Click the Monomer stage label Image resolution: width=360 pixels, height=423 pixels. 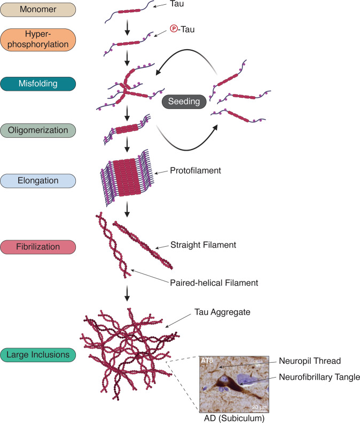(x=38, y=10)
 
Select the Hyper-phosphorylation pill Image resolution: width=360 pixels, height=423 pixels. (x=38, y=40)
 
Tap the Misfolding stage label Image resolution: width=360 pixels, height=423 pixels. (x=38, y=84)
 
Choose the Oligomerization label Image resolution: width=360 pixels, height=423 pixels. (x=38, y=130)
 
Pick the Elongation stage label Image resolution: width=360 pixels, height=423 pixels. (x=38, y=181)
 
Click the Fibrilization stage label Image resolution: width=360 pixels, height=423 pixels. (x=38, y=247)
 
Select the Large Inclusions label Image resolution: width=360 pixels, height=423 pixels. (x=38, y=355)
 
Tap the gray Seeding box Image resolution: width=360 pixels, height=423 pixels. (x=184, y=101)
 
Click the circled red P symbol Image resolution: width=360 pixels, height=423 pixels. (x=174, y=28)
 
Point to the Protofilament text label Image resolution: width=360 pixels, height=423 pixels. (x=195, y=170)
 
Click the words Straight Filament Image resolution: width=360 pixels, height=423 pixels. (x=203, y=245)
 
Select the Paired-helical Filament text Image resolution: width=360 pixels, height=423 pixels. (x=214, y=283)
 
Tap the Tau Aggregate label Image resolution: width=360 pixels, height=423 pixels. (x=222, y=312)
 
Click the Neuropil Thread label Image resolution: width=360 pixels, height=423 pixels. (x=310, y=361)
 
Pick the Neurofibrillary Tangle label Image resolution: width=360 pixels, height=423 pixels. (x=319, y=377)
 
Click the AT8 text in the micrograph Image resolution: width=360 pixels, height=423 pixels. (x=207, y=361)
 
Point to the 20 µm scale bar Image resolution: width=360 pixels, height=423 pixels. (x=260, y=410)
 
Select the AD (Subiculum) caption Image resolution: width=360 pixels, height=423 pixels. (x=234, y=418)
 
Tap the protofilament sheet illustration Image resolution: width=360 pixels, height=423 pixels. (x=127, y=177)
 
